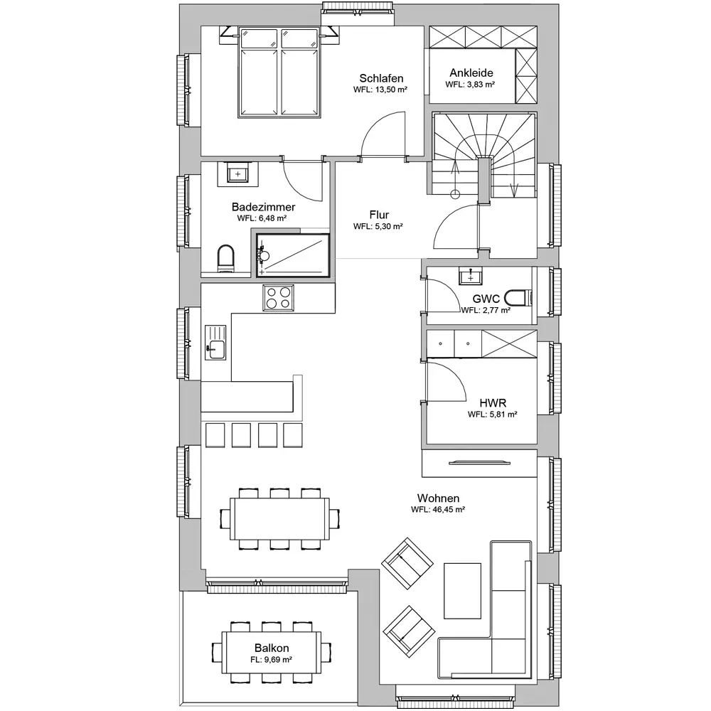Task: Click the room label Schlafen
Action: (381, 78)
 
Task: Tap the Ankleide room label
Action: (471, 73)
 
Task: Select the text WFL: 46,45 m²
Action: (437, 509)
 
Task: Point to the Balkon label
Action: (271, 648)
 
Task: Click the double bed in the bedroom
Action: (279, 73)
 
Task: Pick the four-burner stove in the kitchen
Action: (278, 298)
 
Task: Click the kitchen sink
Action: (215, 343)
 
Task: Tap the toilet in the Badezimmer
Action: (225, 259)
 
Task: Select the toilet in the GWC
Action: (518, 298)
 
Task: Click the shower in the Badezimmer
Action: (292, 255)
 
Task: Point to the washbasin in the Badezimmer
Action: (237, 174)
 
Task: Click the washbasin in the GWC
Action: (470, 276)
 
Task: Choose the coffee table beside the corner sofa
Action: (462, 591)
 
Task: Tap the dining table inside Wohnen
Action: (279, 519)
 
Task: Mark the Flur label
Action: (379, 215)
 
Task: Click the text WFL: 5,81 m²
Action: (493, 414)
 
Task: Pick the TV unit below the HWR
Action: (479, 463)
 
